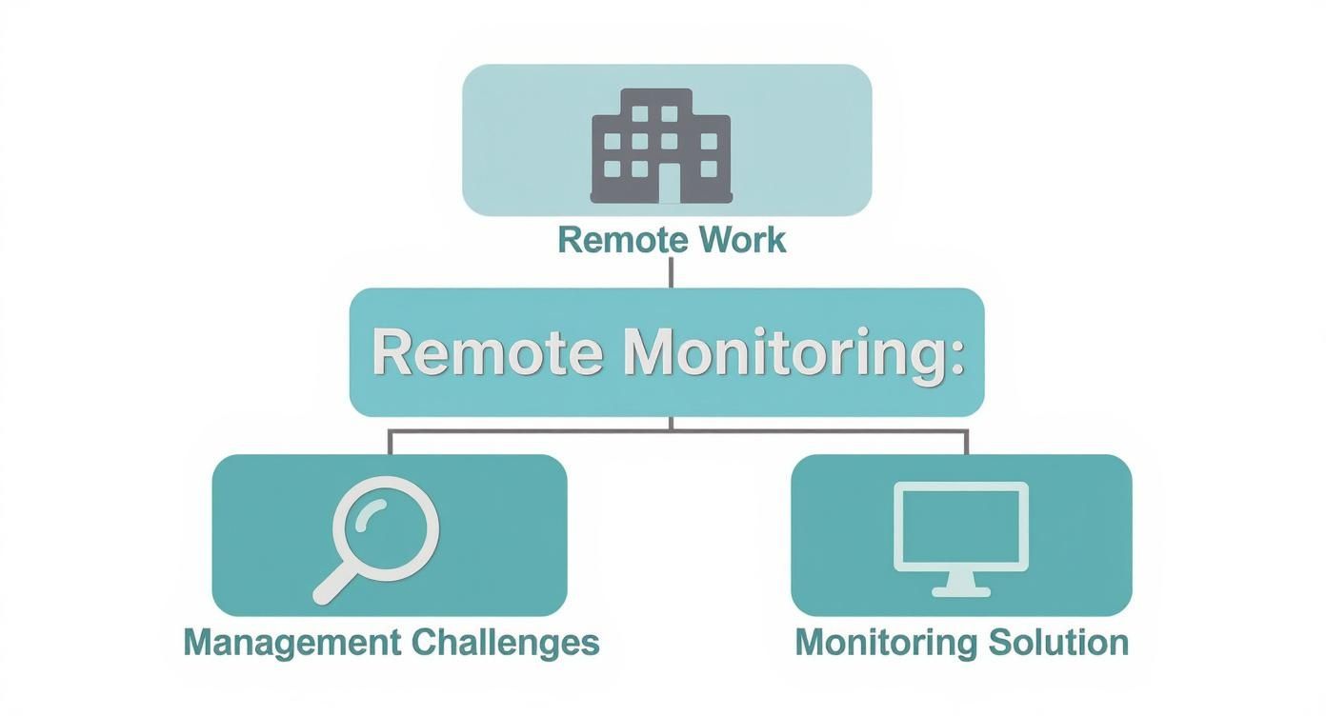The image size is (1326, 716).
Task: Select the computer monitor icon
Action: click(960, 539)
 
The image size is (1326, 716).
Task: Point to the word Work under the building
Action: click(742, 239)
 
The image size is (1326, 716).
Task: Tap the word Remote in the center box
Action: click(487, 352)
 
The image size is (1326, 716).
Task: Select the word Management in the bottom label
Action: click(292, 642)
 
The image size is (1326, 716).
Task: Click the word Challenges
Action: click(505, 642)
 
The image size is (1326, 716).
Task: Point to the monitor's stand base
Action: click(960, 591)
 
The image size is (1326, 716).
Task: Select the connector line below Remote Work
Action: click(671, 271)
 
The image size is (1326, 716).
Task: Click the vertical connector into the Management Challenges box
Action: click(390, 442)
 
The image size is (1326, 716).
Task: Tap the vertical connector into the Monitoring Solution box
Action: click(967, 442)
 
